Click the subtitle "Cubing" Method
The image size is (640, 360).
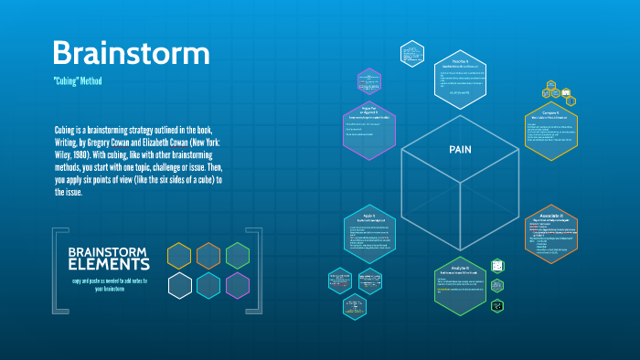[77, 81]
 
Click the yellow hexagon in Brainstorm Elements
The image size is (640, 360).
[179, 255]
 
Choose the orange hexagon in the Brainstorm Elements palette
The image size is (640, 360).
[208, 255]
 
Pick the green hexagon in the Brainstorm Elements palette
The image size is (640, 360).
[238, 255]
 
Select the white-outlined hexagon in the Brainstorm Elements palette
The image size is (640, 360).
[179, 285]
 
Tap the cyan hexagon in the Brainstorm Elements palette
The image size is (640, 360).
[208, 285]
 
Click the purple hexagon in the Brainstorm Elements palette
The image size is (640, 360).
[238, 285]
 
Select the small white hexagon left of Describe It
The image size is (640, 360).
[413, 53]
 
